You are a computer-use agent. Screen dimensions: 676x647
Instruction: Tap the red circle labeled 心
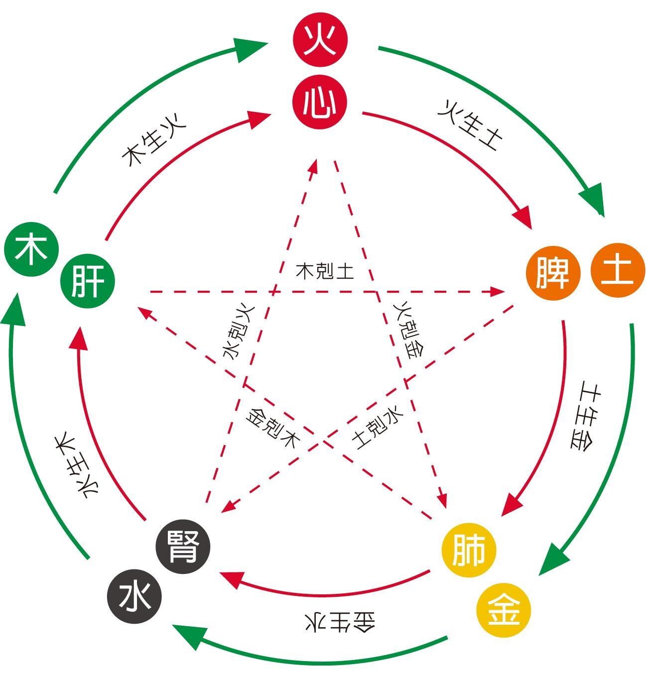coord(319,102)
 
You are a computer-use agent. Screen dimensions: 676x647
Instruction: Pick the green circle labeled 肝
coord(87,282)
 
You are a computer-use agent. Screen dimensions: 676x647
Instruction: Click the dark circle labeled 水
coord(135,597)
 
